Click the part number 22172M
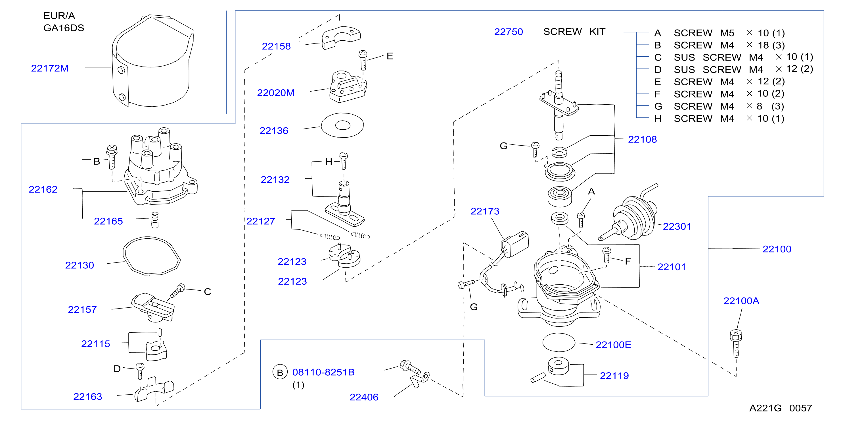(x=50, y=68)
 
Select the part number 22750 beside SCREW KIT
(x=509, y=32)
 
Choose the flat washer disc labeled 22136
(x=342, y=125)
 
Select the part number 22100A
(x=741, y=301)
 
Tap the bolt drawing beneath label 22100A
(x=736, y=344)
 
